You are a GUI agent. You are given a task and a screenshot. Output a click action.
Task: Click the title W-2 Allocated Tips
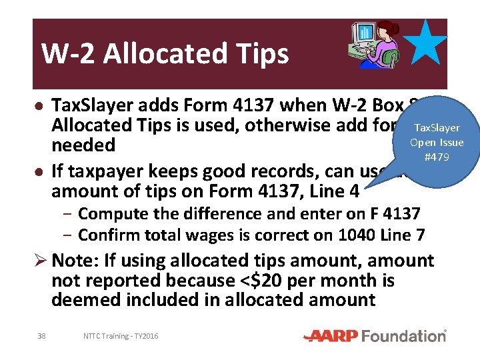(165, 53)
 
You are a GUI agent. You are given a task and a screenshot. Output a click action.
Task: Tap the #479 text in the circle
(437, 157)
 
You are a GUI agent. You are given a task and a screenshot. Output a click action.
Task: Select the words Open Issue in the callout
(437, 142)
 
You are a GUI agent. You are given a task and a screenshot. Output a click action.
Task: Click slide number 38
(41, 336)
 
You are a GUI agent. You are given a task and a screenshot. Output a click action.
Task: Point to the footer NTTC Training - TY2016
(121, 336)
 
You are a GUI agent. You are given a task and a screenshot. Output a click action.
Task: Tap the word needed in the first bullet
(83, 145)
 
